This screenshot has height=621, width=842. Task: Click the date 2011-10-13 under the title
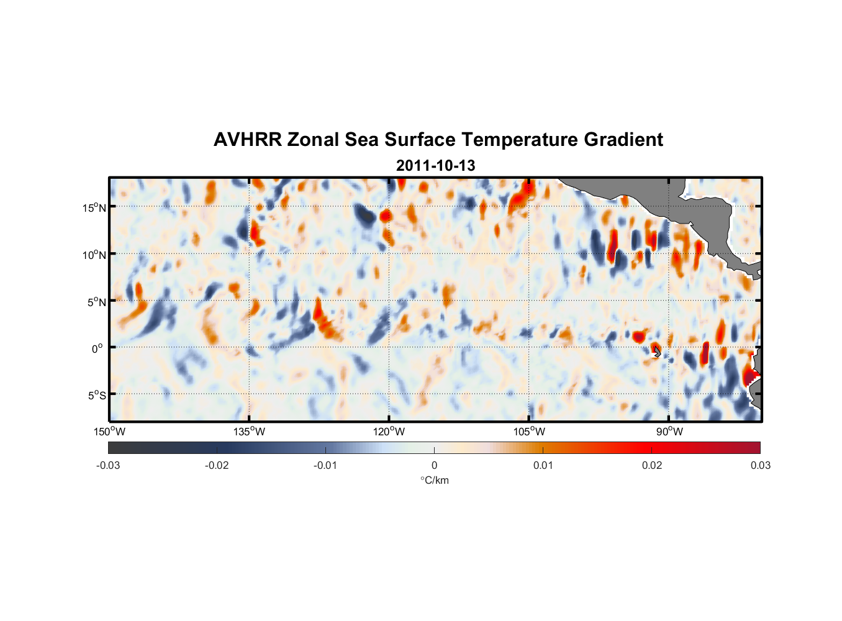click(435, 166)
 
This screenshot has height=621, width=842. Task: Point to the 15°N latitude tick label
click(94, 207)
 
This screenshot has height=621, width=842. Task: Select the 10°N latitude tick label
click(94, 255)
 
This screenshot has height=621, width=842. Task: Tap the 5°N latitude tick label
click(97, 302)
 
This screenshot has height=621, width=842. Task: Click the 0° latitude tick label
click(98, 348)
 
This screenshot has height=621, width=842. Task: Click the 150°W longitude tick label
click(109, 432)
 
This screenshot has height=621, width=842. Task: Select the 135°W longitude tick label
click(249, 432)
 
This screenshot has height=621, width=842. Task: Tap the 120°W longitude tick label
click(389, 432)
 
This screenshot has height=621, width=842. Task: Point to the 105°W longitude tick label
click(529, 432)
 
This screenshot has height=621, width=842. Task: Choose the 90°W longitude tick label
click(669, 432)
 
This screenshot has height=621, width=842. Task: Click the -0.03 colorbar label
click(108, 465)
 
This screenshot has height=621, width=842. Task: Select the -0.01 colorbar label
click(325, 465)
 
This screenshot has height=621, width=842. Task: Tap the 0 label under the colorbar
click(434, 465)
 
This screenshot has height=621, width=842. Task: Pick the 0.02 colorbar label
click(652, 465)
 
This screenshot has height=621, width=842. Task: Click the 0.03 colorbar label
click(760, 465)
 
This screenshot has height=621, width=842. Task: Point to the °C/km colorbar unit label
click(434, 480)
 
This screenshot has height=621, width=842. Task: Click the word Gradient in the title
click(623, 140)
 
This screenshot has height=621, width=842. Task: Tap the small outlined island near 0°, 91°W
click(657, 351)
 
